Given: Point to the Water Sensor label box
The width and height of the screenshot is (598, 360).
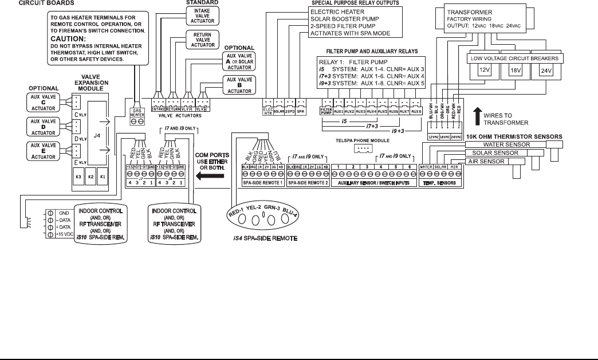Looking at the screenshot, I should (504, 144).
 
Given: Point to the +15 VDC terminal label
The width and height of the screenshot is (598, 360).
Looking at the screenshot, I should (64, 233).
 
